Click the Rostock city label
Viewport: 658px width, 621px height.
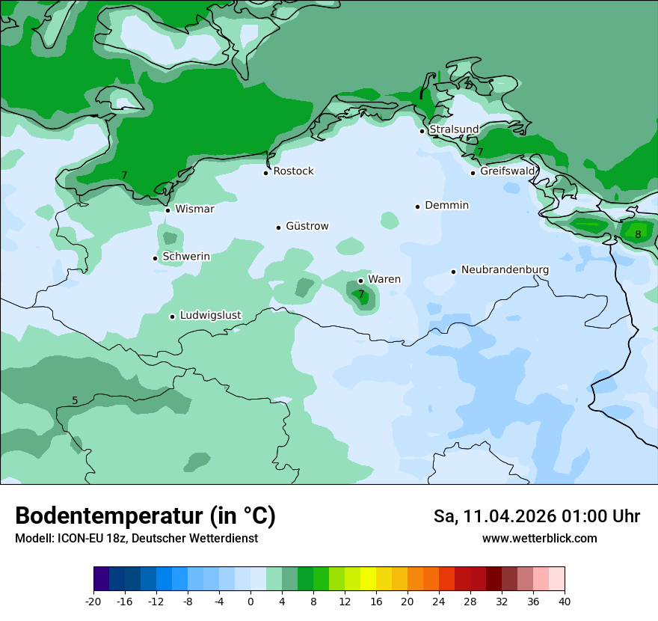tap(293, 171)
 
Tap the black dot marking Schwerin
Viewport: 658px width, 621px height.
tap(155, 258)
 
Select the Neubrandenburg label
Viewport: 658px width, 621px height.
tap(505, 270)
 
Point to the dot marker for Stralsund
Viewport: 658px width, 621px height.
tap(422, 131)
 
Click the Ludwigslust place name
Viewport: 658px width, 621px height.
tap(210, 316)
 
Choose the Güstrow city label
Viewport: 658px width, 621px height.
tap(307, 227)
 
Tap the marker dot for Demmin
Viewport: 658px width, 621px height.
tap(417, 207)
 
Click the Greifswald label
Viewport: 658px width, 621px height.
tap(508, 171)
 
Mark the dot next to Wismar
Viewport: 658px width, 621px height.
tap(167, 210)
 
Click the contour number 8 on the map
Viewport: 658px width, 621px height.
tap(638, 234)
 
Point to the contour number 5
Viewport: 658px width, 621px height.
tap(75, 400)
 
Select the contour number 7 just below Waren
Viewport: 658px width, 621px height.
tap(361, 295)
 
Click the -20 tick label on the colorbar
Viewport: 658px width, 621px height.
tap(93, 602)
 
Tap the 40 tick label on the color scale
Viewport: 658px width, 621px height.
tap(565, 602)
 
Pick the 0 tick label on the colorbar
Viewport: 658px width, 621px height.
tap(250, 602)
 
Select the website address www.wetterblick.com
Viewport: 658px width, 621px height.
tap(539, 539)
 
